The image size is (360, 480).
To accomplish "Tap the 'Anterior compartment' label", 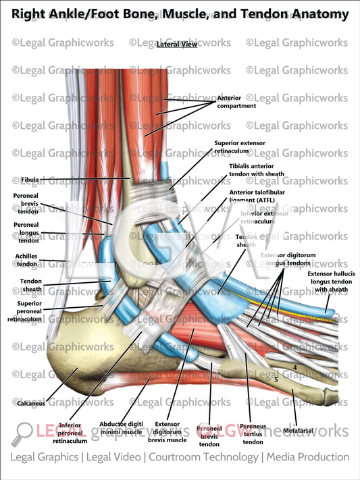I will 236,102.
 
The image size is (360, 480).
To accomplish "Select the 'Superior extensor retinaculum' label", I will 239,147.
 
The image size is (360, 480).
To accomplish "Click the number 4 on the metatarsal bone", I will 295,367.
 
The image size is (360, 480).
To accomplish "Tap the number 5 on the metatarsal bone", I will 276,380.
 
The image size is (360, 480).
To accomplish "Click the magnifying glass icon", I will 24,431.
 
